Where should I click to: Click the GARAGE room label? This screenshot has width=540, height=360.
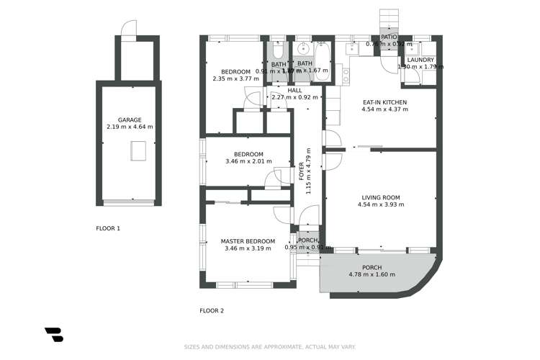[x=129, y=120]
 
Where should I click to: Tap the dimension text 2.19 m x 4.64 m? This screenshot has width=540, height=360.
[x=129, y=127]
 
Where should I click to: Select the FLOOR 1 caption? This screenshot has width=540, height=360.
[x=108, y=228]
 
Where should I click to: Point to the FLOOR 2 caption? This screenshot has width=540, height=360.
[x=212, y=311]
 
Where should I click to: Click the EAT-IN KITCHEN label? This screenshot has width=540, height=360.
[x=384, y=102]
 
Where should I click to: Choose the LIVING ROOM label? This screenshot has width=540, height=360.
[x=380, y=197]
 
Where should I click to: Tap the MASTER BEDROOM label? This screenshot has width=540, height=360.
[x=248, y=241]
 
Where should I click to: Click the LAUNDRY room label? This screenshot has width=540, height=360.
[x=420, y=60]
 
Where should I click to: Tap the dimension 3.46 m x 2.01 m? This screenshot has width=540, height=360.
[x=248, y=161]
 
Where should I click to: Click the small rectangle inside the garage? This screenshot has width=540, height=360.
[x=138, y=150]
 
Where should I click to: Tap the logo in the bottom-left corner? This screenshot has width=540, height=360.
[x=54, y=334]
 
